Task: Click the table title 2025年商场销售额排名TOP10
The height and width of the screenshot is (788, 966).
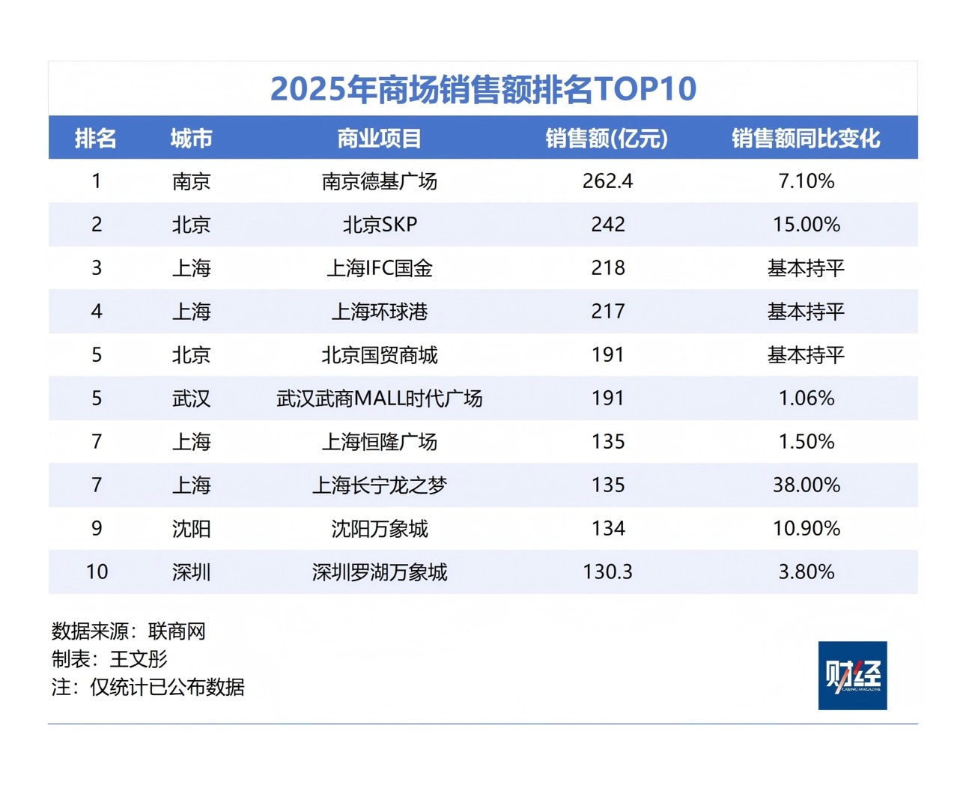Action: [483, 89]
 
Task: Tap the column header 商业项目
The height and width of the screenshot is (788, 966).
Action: [380, 139]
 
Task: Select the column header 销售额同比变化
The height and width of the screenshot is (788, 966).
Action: [806, 139]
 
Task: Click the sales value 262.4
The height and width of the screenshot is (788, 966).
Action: [607, 181]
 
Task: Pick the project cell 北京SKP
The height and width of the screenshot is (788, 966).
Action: [380, 225]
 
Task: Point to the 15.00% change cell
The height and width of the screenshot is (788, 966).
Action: [806, 225]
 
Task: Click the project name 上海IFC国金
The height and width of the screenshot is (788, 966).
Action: [380, 268]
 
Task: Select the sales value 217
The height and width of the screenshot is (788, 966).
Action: [607, 312]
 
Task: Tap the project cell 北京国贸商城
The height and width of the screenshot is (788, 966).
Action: [380, 355]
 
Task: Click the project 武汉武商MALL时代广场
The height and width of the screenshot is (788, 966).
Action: [380, 398]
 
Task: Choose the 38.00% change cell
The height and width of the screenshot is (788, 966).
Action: [806, 485]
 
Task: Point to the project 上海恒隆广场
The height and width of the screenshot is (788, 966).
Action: [380, 442]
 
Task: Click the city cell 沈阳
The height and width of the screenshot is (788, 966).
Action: [191, 529]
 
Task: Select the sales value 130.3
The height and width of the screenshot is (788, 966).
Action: [607, 572]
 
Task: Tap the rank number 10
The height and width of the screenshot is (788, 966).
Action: [97, 572]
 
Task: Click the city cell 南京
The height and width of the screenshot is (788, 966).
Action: [191, 181]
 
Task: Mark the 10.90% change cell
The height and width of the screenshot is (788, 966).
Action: [806, 529]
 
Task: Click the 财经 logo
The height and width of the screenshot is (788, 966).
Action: [852, 675]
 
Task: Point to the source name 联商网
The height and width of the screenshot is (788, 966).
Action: [177, 631]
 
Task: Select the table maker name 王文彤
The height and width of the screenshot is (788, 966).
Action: [139, 659]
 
